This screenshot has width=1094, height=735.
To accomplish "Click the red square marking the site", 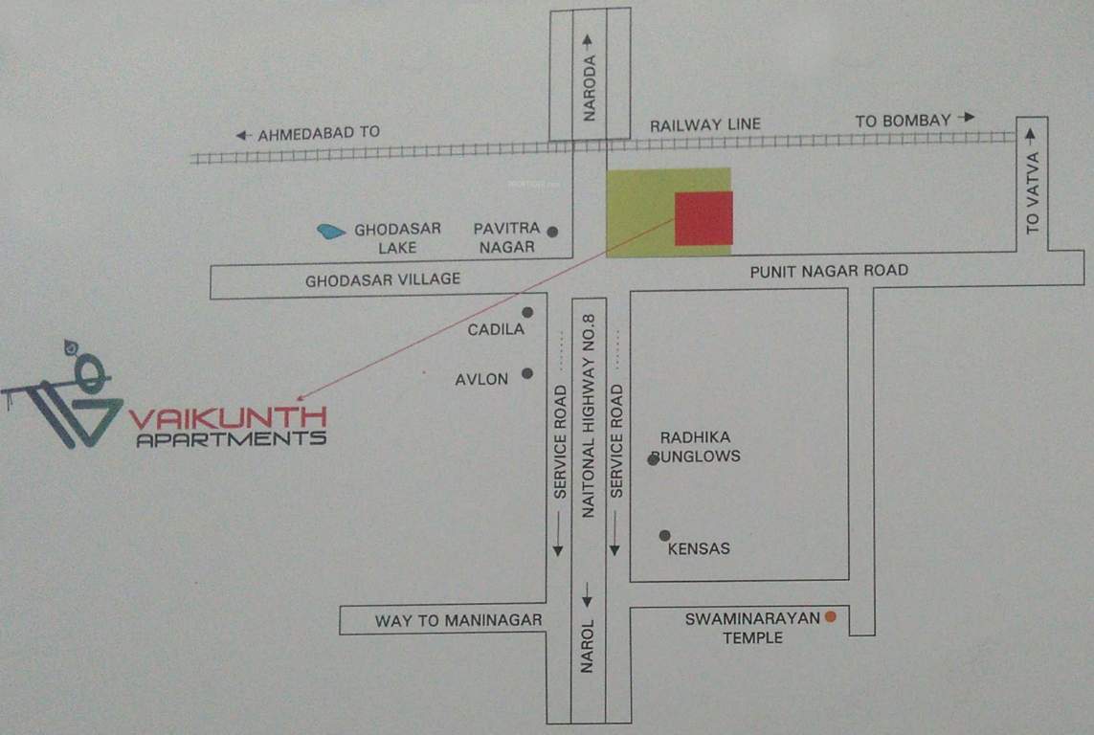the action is click(x=703, y=218).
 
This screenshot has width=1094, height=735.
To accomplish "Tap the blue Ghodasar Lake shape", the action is click(x=330, y=231).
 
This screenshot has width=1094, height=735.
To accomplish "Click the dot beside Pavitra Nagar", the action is click(x=552, y=231).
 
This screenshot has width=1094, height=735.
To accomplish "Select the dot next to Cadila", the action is click(x=527, y=312).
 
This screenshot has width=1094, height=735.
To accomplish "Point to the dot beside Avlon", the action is click(x=527, y=373).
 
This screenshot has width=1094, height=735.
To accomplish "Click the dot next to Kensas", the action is click(x=664, y=536).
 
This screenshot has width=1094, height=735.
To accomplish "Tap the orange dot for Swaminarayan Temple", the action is click(x=831, y=617).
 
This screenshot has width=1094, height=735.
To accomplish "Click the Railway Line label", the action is click(x=705, y=124).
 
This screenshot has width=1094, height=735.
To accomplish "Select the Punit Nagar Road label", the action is click(x=829, y=271).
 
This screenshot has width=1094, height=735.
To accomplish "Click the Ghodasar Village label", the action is click(x=383, y=279).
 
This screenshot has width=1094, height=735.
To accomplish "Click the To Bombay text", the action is click(x=903, y=121).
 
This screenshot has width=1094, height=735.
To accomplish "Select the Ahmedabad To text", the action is click(x=319, y=134).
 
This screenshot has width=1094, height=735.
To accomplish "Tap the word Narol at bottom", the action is click(x=588, y=646).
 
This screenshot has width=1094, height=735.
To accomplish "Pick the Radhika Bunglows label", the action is click(x=699, y=447).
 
